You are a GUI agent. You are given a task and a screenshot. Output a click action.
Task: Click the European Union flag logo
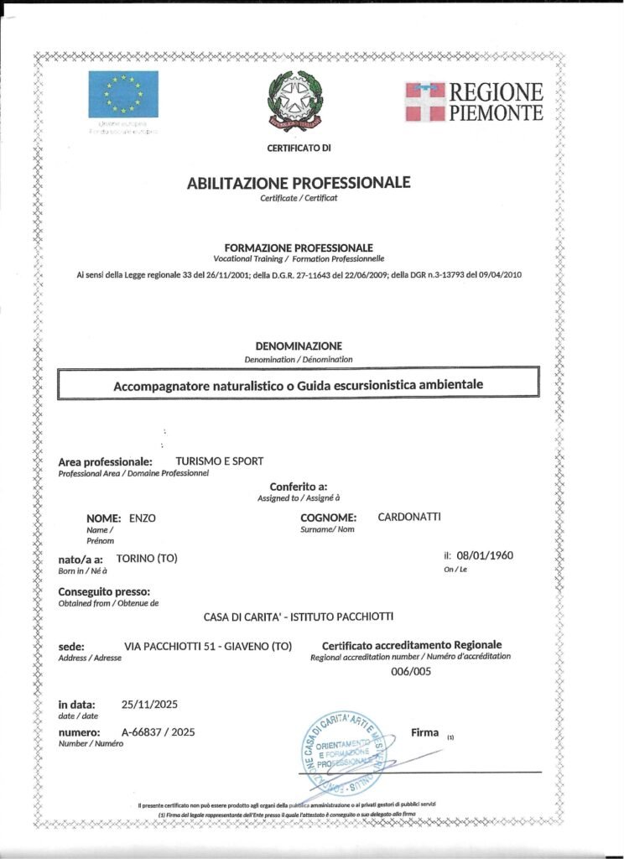123,94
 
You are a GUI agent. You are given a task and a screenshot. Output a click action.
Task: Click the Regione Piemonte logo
474,102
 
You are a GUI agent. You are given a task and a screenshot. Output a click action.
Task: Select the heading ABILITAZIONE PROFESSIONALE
299,182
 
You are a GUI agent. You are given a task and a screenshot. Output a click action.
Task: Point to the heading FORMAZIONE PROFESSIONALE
299,248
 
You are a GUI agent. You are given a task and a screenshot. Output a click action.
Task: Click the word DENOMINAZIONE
299,346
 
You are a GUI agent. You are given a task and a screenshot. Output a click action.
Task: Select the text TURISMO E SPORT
219,461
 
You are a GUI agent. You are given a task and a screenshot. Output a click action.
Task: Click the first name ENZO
143,518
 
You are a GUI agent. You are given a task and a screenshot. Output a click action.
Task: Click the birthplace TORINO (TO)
147,559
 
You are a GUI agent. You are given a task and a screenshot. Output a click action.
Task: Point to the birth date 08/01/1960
484,555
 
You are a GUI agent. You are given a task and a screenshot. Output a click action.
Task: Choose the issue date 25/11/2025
149,704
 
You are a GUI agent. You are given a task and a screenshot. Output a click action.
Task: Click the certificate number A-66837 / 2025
158,732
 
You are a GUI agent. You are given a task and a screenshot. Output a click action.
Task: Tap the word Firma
425,732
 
